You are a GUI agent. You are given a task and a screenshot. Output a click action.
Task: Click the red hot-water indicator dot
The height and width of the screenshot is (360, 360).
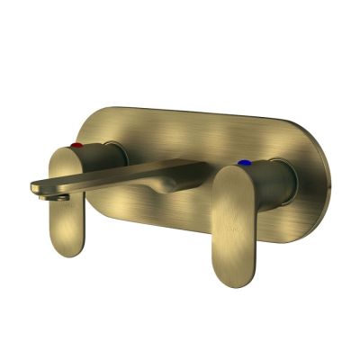[77, 144]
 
